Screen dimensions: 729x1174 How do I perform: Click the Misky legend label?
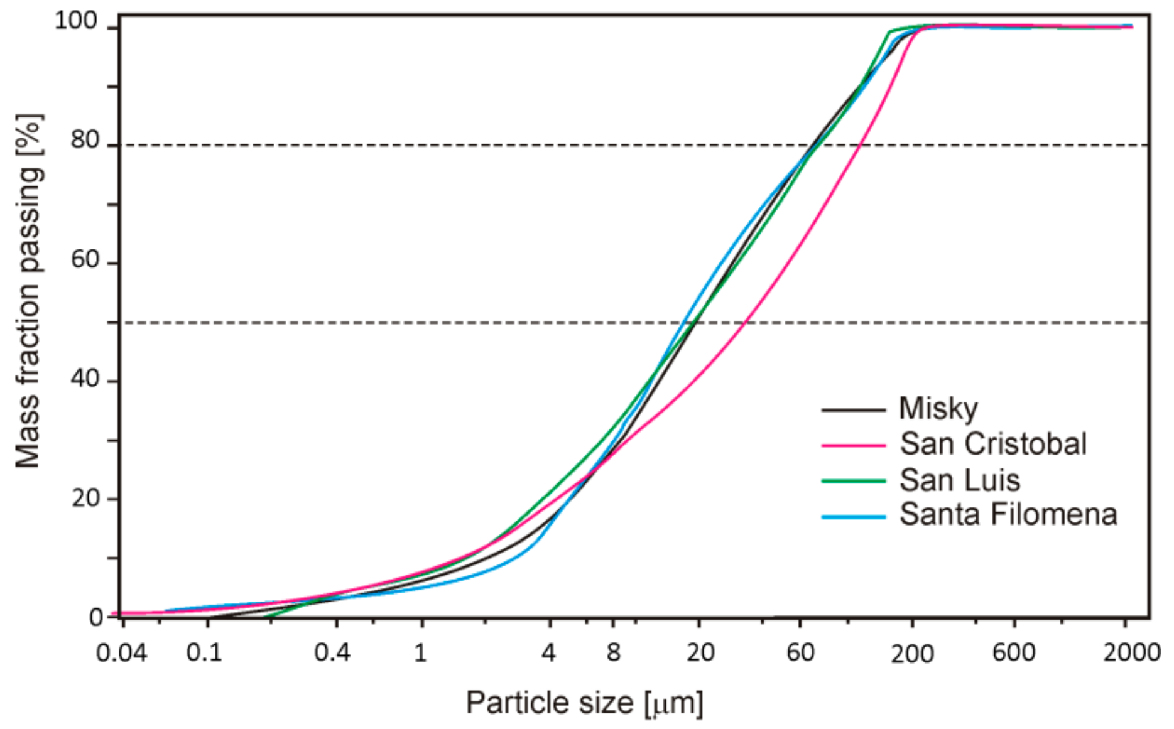pyautogui.click(x=938, y=409)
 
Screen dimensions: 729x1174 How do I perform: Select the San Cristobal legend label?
pyautogui.click(x=992, y=444)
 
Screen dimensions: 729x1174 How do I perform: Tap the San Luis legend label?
pyautogui.click(x=959, y=480)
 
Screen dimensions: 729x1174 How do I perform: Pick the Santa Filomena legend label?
pyautogui.click(x=1008, y=514)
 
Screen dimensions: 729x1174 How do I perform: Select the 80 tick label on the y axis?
pyautogui.click(x=85, y=140)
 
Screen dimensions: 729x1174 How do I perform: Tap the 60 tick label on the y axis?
pyautogui.click(x=85, y=259)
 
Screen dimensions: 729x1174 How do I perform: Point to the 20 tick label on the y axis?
pyautogui.click(x=85, y=499)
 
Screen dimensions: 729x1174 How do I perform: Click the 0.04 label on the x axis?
pyautogui.click(x=121, y=653)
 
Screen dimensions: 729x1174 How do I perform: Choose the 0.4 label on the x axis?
pyautogui.click(x=332, y=653)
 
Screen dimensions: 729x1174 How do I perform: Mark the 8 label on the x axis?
pyautogui.click(x=613, y=653)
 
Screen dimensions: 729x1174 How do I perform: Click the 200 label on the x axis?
pyautogui.click(x=912, y=654)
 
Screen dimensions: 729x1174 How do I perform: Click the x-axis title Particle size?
pyautogui.click(x=584, y=703)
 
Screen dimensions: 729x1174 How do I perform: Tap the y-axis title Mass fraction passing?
pyautogui.click(x=28, y=291)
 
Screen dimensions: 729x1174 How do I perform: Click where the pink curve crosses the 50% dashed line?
pyautogui.click(x=744, y=323)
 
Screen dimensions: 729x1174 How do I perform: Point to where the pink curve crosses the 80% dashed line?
pyautogui.click(x=860, y=145)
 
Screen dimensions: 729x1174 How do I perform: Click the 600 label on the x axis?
pyautogui.click(x=1013, y=653)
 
